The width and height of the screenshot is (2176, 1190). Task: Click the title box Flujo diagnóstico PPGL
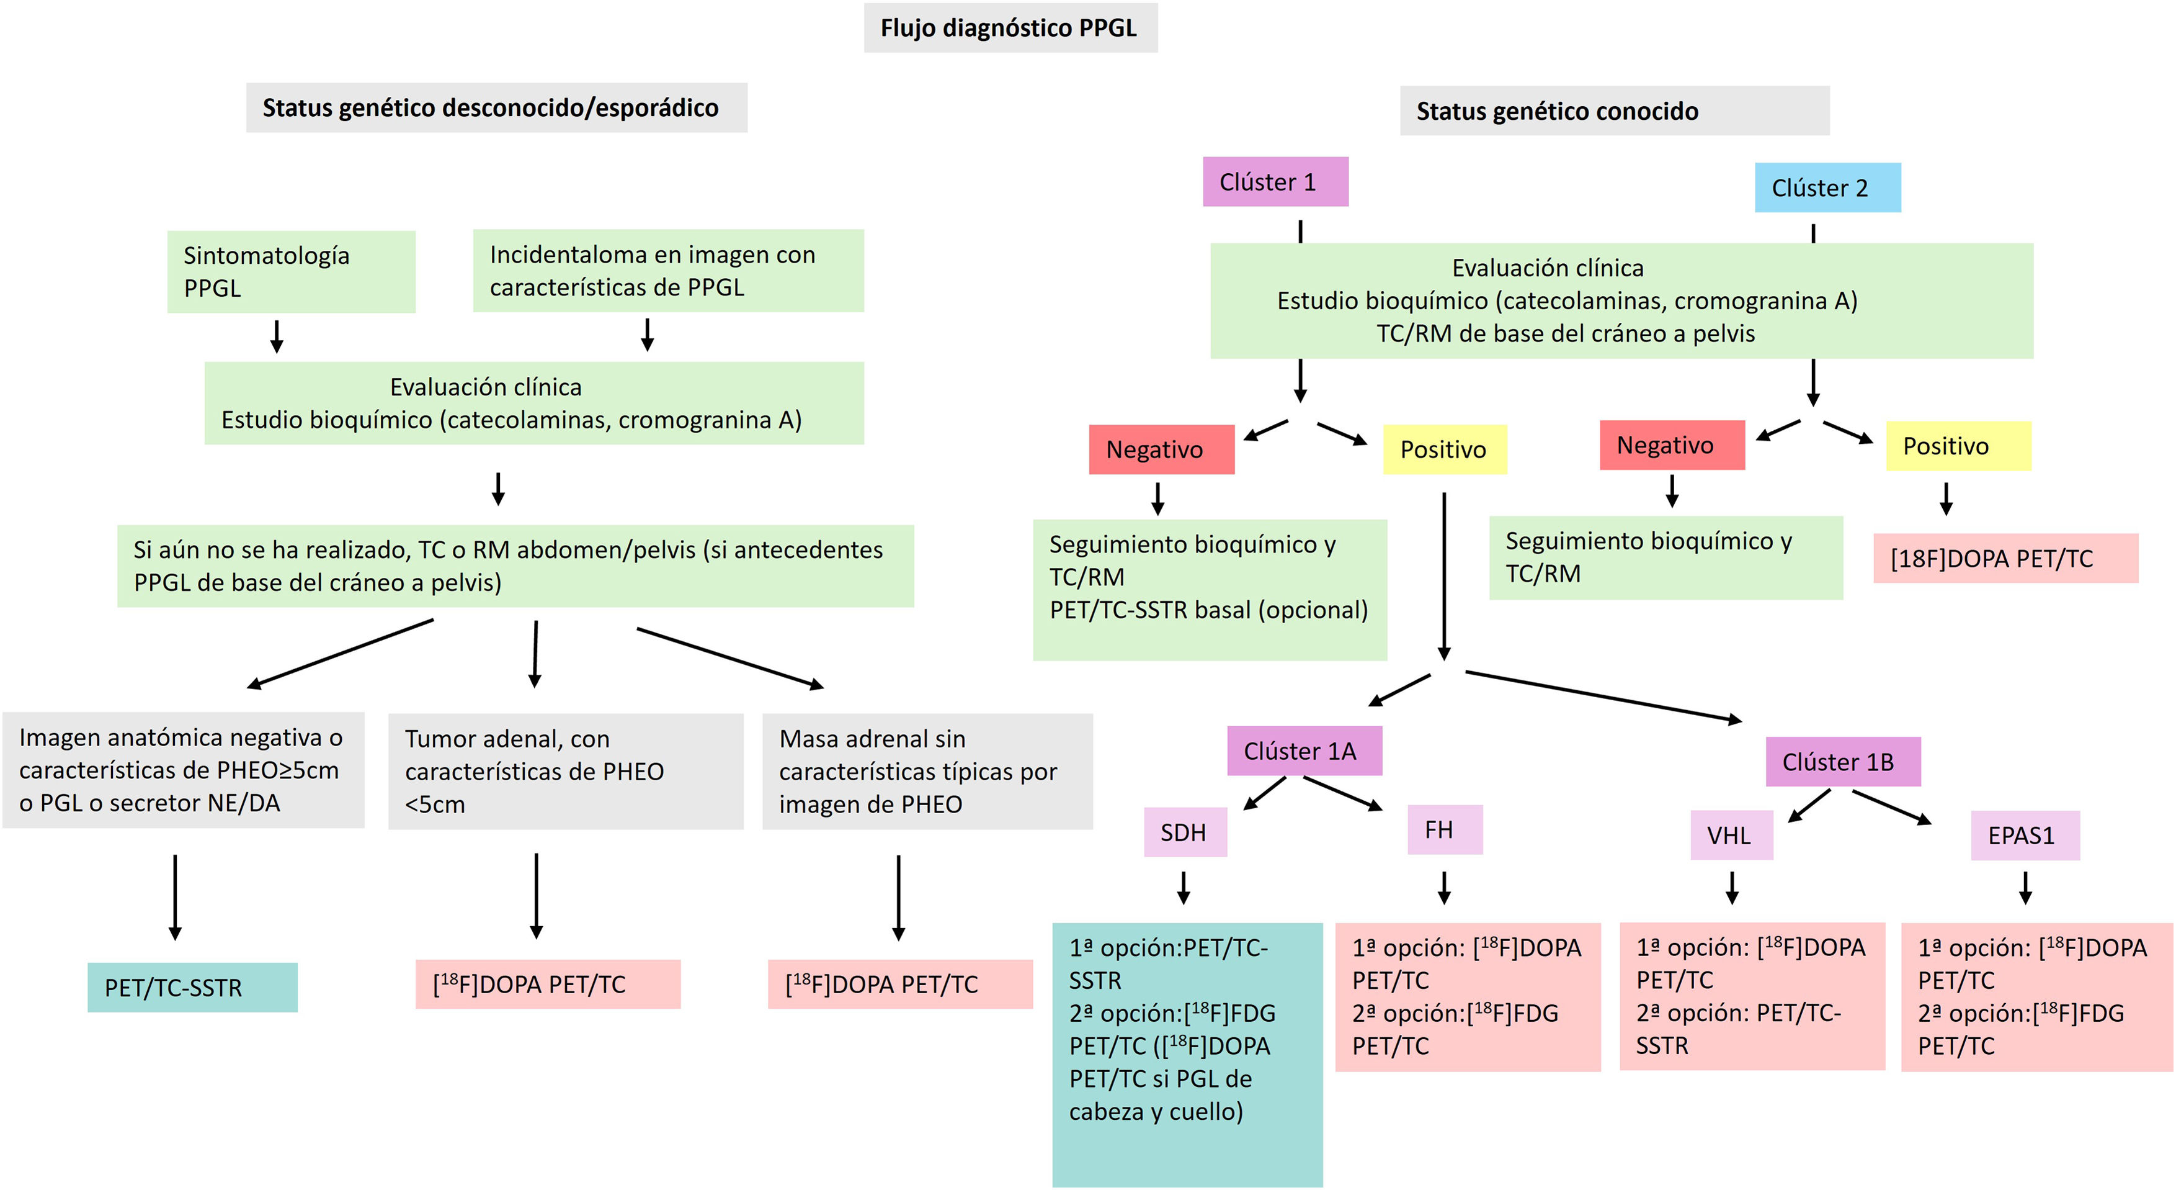[x=1009, y=28]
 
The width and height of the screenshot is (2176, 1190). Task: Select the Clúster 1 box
[x=1275, y=182]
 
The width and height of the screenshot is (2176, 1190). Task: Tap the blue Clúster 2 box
[x=1827, y=187]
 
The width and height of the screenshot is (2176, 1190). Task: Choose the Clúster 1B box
[x=1842, y=762]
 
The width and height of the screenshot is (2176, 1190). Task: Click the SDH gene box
[x=1184, y=832]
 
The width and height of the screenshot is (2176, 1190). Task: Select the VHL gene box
[x=1731, y=835]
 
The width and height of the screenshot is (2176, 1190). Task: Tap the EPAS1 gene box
[x=2024, y=835]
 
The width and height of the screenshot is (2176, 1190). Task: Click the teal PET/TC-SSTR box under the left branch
[x=192, y=987]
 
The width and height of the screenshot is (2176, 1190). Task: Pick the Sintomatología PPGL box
[x=290, y=271]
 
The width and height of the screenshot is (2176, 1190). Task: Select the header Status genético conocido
[x=1613, y=110]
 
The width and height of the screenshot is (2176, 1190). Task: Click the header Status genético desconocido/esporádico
[x=496, y=107]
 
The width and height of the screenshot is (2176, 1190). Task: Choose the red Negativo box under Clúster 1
[x=1161, y=449]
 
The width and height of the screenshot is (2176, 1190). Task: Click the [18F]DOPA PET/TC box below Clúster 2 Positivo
[x=2005, y=558]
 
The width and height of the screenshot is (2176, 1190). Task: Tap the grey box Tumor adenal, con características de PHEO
[x=565, y=771]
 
